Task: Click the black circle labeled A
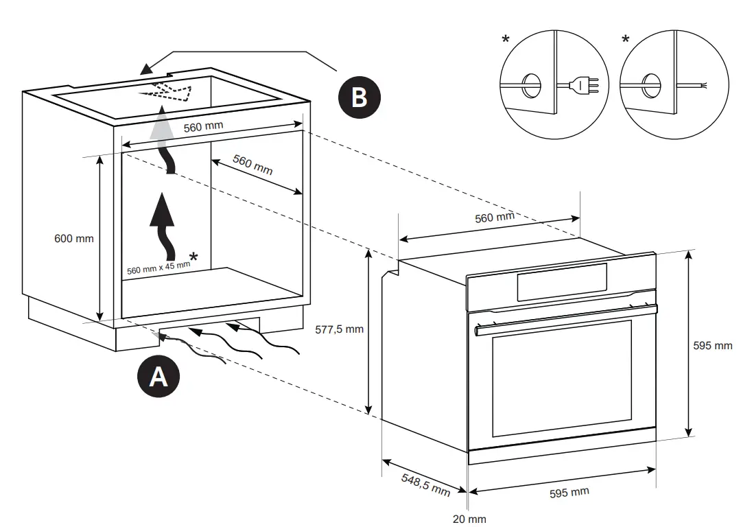tap(158, 376)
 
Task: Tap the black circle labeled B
tap(359, 97)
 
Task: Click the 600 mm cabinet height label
tap(73, 239)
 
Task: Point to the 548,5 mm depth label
tap(425, 484)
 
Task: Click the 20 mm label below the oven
tap(469, 519)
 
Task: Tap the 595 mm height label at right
tap(713, 345)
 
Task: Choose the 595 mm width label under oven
tap(569, 492)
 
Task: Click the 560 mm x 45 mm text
tap(157, 268)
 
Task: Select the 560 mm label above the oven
tap(495, 218)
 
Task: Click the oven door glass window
tap(562, 379)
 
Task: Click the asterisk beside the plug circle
tap(506, 40)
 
